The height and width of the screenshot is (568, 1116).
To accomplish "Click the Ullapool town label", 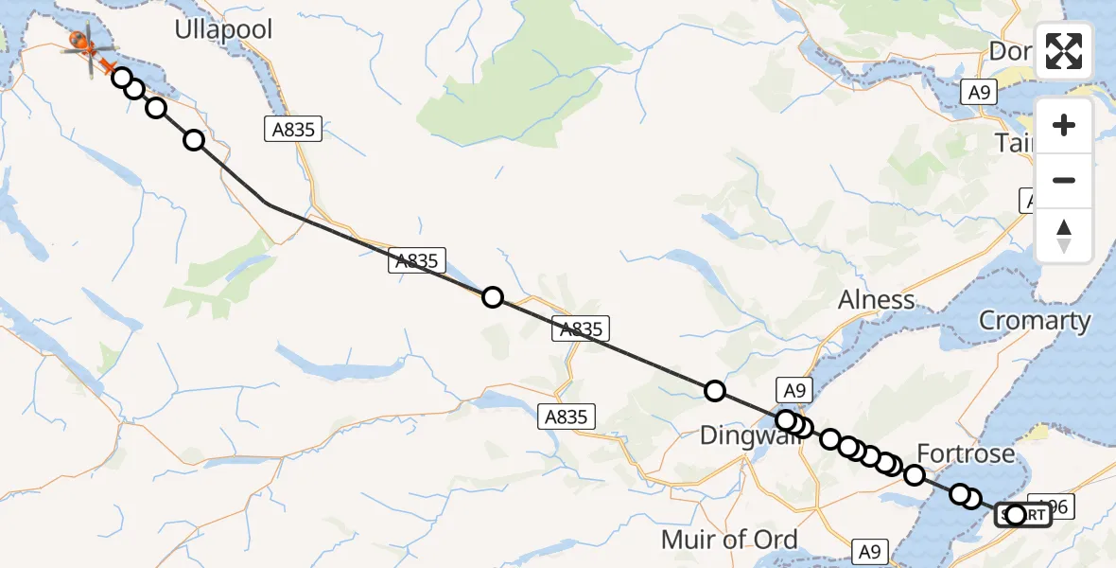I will [x=223, y=29].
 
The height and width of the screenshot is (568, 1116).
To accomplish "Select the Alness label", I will [x=877, y=300].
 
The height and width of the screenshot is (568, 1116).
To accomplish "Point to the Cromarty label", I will [x=1035, y=320].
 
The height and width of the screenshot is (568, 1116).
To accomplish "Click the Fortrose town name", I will [x=966, y=453].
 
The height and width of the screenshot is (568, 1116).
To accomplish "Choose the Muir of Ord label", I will [x=730, y=540].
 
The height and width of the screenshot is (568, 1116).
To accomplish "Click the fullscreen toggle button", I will [x=1064, y=51].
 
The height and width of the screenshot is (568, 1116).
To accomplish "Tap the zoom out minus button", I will [x=1064, y=180].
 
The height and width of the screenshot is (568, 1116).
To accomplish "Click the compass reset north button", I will [x=1064, y=236].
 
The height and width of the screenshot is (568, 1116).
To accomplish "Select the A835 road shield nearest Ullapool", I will [x=293, y=130].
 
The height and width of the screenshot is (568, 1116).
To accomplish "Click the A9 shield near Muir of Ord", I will [x=871, y=551].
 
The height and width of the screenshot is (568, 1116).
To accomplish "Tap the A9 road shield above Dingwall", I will [x=793, y=389].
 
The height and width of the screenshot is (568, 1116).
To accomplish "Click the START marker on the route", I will [x=1023, y=516].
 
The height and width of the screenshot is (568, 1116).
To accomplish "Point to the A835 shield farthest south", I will [x=567, y=416].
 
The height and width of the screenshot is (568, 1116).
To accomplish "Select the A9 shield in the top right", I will [x=979, y=92].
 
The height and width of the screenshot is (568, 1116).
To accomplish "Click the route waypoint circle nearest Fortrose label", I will [x=915, y=475].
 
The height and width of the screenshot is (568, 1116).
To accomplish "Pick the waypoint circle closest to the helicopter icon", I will [x=122, y=77].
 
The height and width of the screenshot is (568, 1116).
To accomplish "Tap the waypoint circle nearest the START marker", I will [x=1016, y=515].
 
